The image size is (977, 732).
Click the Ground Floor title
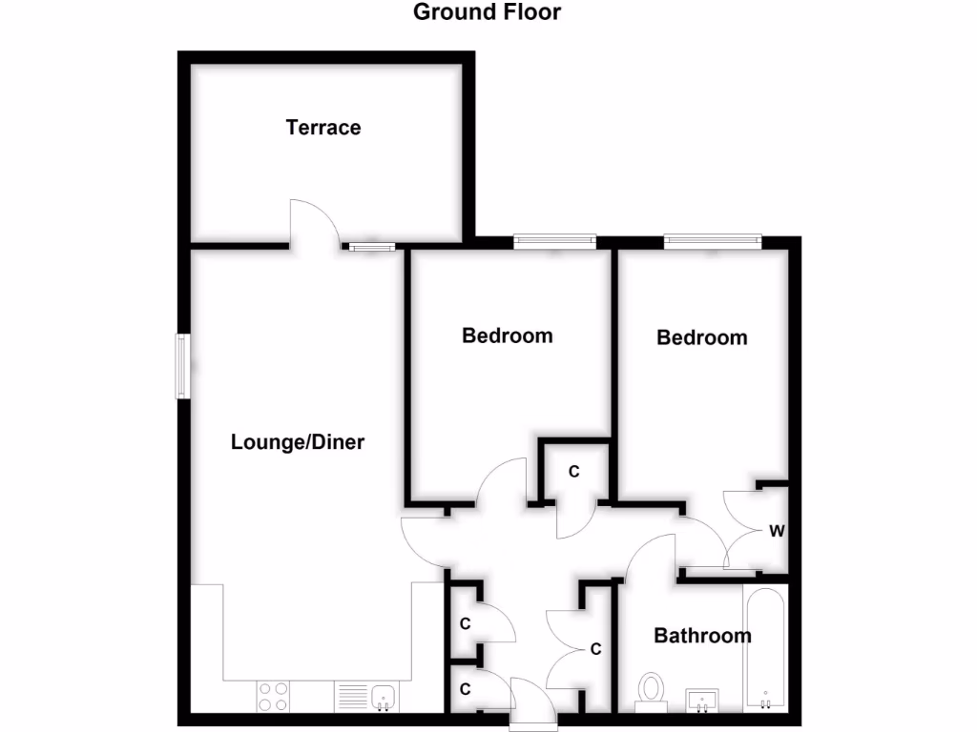click(487, 12)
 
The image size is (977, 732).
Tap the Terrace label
click(323, 128)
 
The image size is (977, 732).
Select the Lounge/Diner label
click(298, 442)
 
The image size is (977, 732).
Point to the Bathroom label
click(702, 636)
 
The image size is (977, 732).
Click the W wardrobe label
click(777, 531)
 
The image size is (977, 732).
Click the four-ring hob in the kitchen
click(273, 697)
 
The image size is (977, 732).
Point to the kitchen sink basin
click(385, 697)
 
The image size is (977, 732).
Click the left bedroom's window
click(554, 242)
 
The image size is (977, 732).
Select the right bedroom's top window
click(712, 242)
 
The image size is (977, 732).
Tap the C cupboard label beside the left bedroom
click(574, 471)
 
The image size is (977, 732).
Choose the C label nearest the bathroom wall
click(595, 650)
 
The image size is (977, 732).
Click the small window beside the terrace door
click(371, 248)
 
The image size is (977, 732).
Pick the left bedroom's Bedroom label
click(507, 335)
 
